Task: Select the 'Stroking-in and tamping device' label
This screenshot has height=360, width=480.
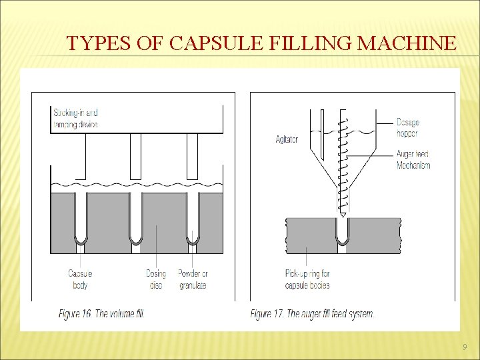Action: pos(75,119)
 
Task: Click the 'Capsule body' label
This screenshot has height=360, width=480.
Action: pos(80,279)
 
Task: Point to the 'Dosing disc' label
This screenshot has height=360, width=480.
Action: pos(156,279)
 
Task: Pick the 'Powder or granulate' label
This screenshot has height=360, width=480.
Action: pos(193,279)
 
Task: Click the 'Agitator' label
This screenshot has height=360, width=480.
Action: pos(287,139)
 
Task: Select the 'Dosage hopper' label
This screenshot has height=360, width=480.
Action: pos(408,128)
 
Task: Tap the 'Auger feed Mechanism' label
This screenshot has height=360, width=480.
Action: pos(413,159)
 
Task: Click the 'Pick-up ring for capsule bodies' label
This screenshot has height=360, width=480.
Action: pos(307,279)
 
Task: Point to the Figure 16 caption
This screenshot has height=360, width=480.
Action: pos(101,313)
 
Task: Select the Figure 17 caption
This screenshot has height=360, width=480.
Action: pos(312,313)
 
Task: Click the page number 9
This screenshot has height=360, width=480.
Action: pos(465,347)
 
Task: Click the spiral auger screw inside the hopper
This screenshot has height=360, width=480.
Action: pos(342,167)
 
